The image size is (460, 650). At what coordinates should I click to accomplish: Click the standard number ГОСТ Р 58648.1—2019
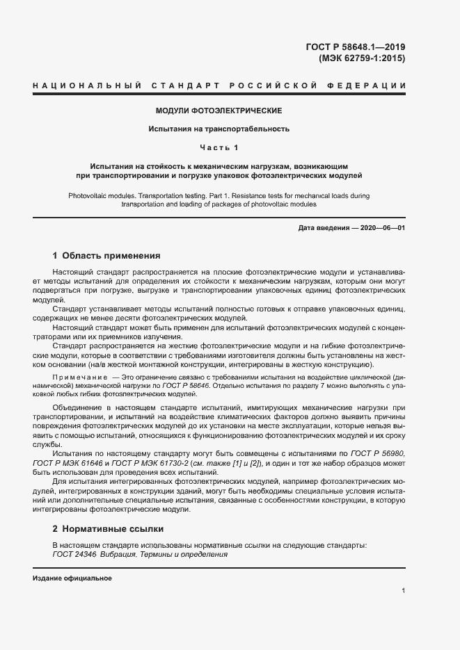(355, 47)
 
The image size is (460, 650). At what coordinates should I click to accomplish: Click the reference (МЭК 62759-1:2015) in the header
(361, 58)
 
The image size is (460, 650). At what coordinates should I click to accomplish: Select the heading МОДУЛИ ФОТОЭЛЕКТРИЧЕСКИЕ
(219, 111)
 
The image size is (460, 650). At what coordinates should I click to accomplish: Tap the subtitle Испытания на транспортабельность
(219, 129)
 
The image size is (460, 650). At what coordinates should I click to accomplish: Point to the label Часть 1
(219, 147)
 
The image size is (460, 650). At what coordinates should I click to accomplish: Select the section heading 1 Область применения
(106, 255)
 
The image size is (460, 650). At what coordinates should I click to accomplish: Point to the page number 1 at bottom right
(404, 591)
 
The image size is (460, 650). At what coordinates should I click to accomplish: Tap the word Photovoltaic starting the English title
(90, 196)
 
